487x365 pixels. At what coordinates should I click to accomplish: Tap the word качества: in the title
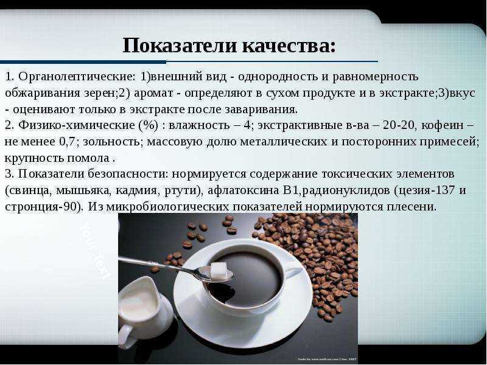click(289, 46)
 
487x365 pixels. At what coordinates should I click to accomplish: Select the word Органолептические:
click(77, 77)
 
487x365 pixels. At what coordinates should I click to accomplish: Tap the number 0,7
click(67, 142)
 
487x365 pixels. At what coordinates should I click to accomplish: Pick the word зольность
click(112, 142)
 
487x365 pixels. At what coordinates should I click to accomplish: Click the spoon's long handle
click(158, 265)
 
